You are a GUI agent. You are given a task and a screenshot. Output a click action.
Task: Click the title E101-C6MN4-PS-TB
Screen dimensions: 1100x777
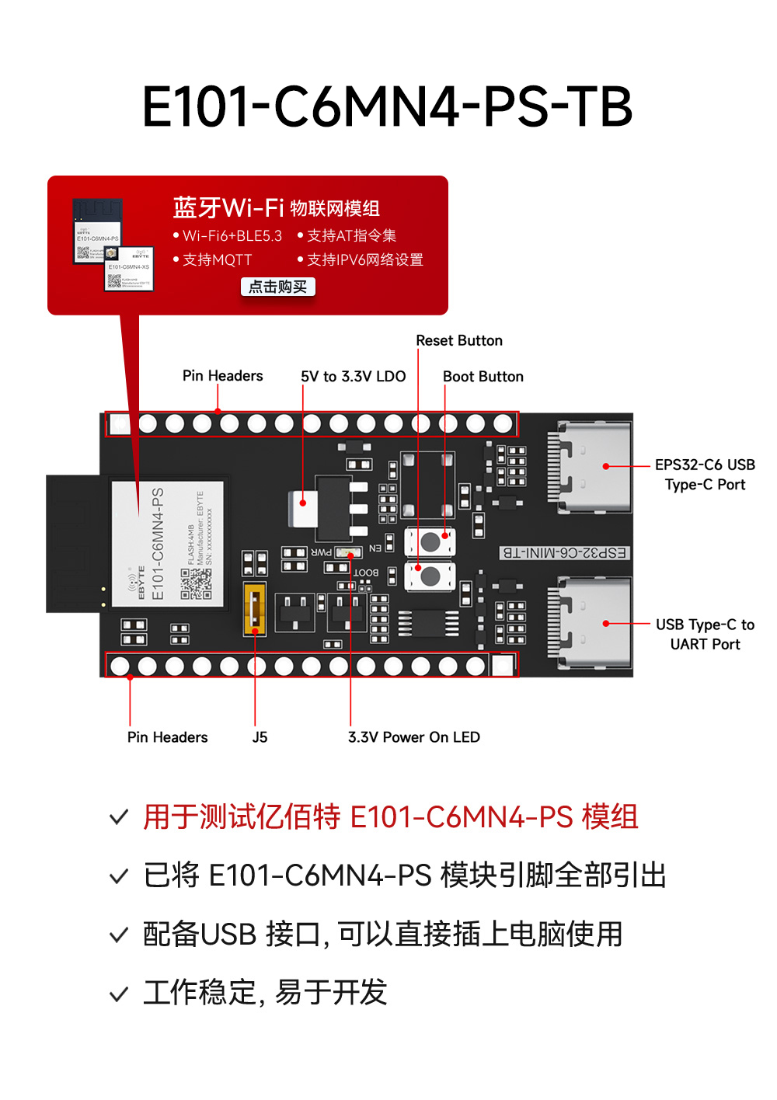click(387, 106)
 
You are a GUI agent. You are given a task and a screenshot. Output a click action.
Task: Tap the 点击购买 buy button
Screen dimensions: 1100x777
click(277, 287)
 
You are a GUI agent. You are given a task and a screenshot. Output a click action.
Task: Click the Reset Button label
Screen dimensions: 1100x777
click(459, 341)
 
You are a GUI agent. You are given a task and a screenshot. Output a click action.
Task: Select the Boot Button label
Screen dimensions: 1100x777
click(483, 377)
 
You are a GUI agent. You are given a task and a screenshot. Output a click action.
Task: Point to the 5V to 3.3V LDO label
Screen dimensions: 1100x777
click(354, 377)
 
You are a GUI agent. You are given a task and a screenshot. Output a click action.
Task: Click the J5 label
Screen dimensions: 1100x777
click(260, 737)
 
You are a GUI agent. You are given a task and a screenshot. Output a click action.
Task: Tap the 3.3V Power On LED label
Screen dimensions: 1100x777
click(413, 737)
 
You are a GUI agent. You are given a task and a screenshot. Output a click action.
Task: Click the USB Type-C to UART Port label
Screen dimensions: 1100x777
click(705, 634)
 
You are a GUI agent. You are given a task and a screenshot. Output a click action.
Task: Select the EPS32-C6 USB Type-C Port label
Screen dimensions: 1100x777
click(705, 475)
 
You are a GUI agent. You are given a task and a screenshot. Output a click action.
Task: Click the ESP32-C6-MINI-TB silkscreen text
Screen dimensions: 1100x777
click(564, 553)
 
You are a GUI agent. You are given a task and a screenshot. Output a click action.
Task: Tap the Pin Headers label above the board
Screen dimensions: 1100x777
click(222, 376)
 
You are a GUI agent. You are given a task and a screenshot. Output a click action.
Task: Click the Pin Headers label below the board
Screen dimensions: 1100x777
click(167, 737)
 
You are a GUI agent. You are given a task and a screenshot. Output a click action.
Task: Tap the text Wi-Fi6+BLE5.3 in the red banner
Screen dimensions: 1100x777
click(232, 236)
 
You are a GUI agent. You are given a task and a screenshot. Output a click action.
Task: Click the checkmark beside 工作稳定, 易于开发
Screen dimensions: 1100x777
click(119, 994)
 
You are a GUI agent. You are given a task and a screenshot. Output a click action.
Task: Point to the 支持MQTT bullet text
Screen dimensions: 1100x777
click(217, 260)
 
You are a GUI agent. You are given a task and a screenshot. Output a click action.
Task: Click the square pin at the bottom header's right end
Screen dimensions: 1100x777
click(502, 666)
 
